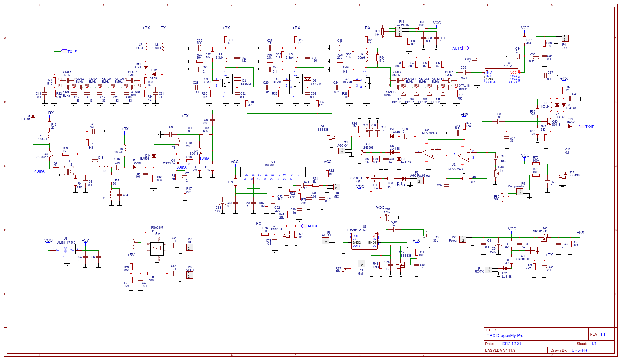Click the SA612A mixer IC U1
pos(502,77)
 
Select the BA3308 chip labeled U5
pos(273,172)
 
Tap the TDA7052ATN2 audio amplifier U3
pos(365,241)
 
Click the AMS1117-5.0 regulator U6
pos(66,249)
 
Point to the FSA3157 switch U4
pos(157,249)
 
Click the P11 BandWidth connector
pos(399,31)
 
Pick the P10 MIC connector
pos(336,187)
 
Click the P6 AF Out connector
pos(325,241)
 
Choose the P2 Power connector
pos(463,239)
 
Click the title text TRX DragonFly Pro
pos(505,336)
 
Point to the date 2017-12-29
pos(511,344)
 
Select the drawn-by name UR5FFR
pos(579,350)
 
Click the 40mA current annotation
pos(40,171)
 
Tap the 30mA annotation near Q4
pos(182,167)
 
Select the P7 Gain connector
pos(361,263)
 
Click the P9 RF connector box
pos(190,247)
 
